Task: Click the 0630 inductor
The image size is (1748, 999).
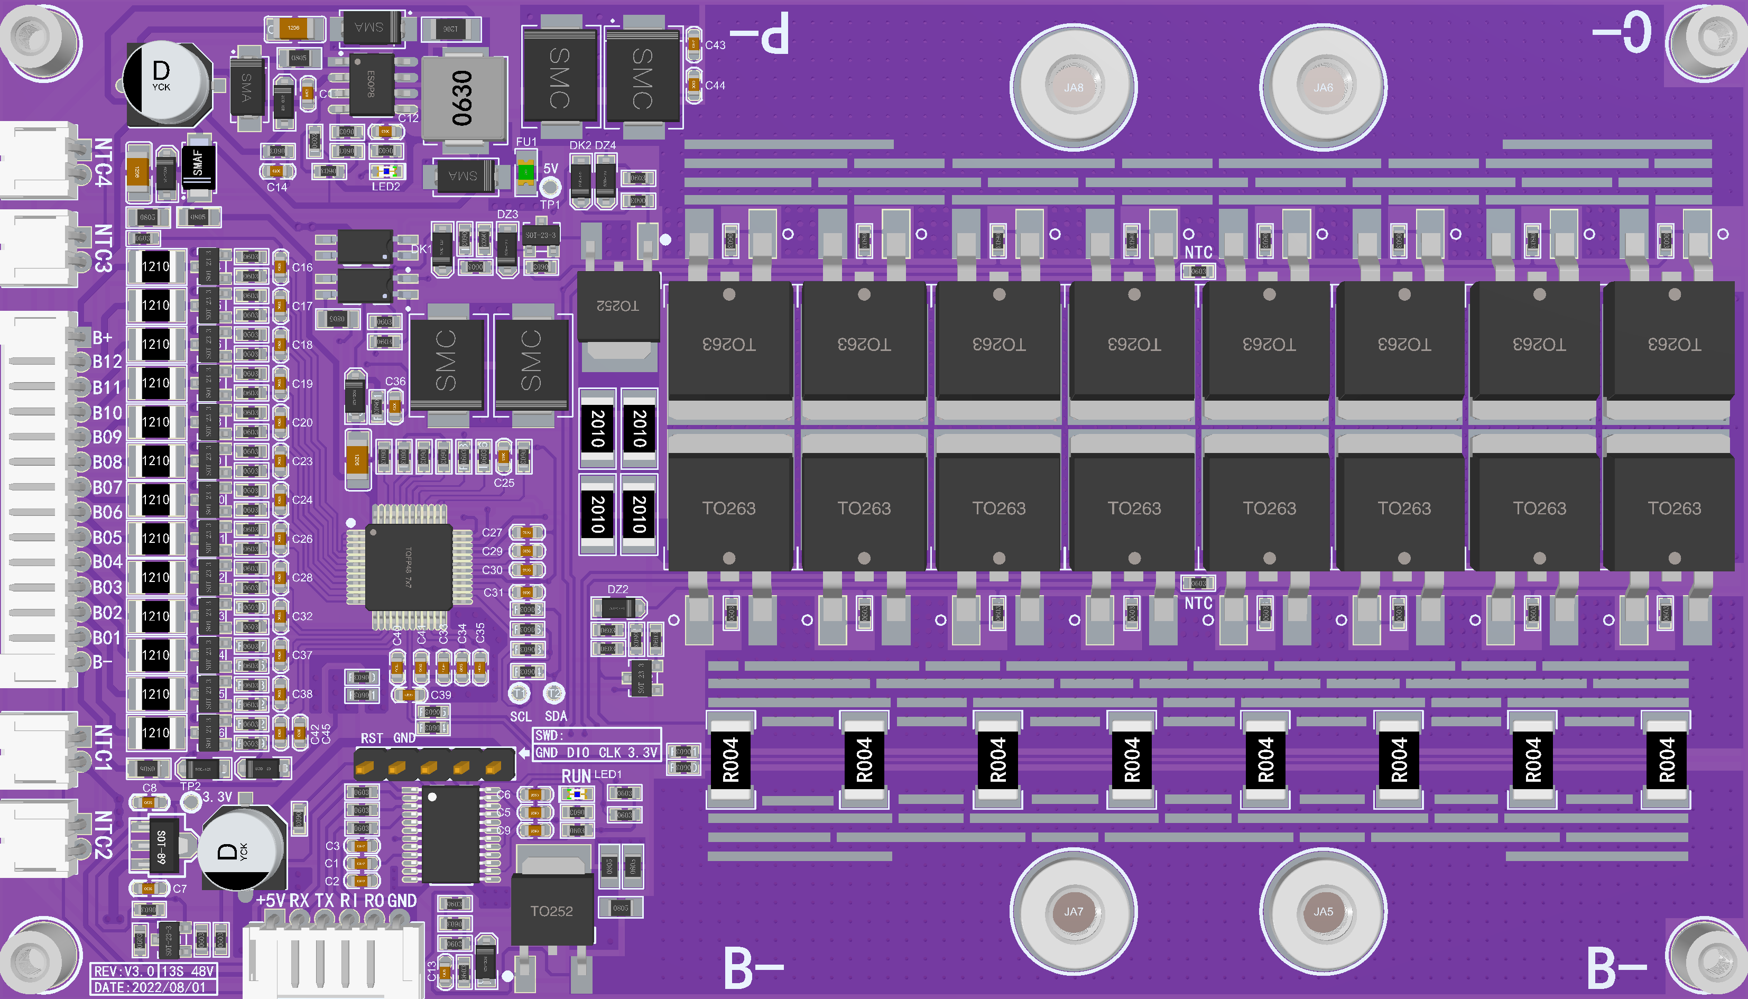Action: click(x=463, y=98)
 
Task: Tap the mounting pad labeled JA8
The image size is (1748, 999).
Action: click(x=1073, y=87)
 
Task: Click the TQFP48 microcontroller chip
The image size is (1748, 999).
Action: click(x=409, y=567)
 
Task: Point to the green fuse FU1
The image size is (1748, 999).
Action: click(x=525, y=172)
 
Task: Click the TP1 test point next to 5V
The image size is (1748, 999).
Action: click(x=550, y=187)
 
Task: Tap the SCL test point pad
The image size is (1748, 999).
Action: click(x=519, y=693)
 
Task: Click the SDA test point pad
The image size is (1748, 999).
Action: click(x=553, y=693)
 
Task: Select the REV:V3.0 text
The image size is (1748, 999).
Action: click(x=124, y=971)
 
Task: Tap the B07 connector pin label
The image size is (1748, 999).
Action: click(x=107, y=487)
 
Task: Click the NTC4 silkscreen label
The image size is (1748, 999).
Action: click(x=102, y=162)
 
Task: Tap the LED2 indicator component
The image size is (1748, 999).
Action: click(x=387, y=172)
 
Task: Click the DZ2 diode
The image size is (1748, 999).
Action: click(x=618, y=607)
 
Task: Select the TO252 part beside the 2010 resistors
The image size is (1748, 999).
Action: click(x=617, y=306)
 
